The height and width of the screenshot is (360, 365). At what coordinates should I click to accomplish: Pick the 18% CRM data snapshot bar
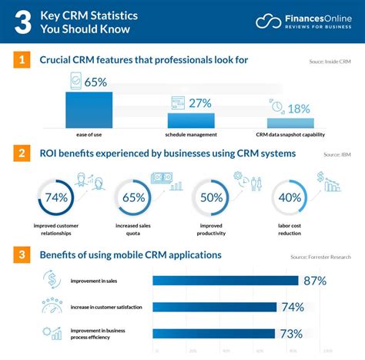click(x=290, y=123)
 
